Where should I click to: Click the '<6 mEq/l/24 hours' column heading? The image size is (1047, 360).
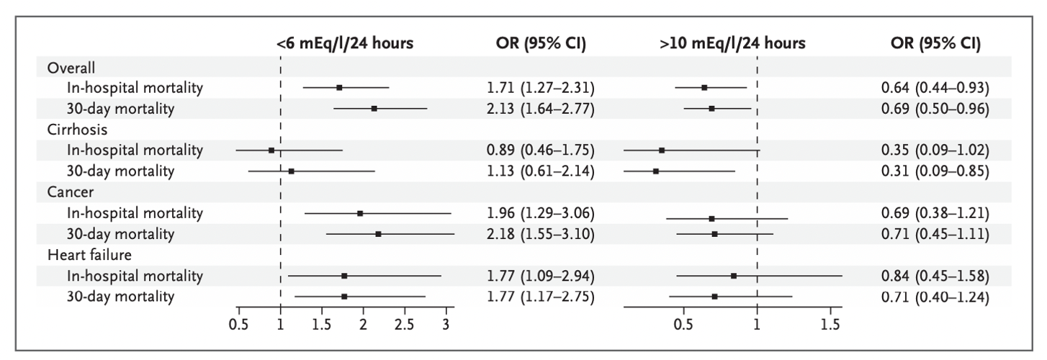345,43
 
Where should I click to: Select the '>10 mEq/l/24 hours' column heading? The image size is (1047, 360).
732,43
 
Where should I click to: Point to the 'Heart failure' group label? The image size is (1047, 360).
84,255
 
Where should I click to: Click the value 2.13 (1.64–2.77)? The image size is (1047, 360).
540,109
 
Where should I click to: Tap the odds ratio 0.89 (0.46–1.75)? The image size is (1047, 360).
540,150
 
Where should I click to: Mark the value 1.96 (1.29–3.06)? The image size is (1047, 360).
540,213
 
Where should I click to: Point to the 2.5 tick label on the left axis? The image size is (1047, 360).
405,323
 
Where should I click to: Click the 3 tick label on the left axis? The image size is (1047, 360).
446,323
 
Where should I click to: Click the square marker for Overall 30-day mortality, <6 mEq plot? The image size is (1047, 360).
374,109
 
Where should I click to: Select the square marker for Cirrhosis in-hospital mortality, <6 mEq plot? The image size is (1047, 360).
271,150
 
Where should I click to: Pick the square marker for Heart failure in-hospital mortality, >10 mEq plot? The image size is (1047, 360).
733,276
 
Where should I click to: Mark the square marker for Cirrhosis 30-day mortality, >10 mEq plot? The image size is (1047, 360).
655,171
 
